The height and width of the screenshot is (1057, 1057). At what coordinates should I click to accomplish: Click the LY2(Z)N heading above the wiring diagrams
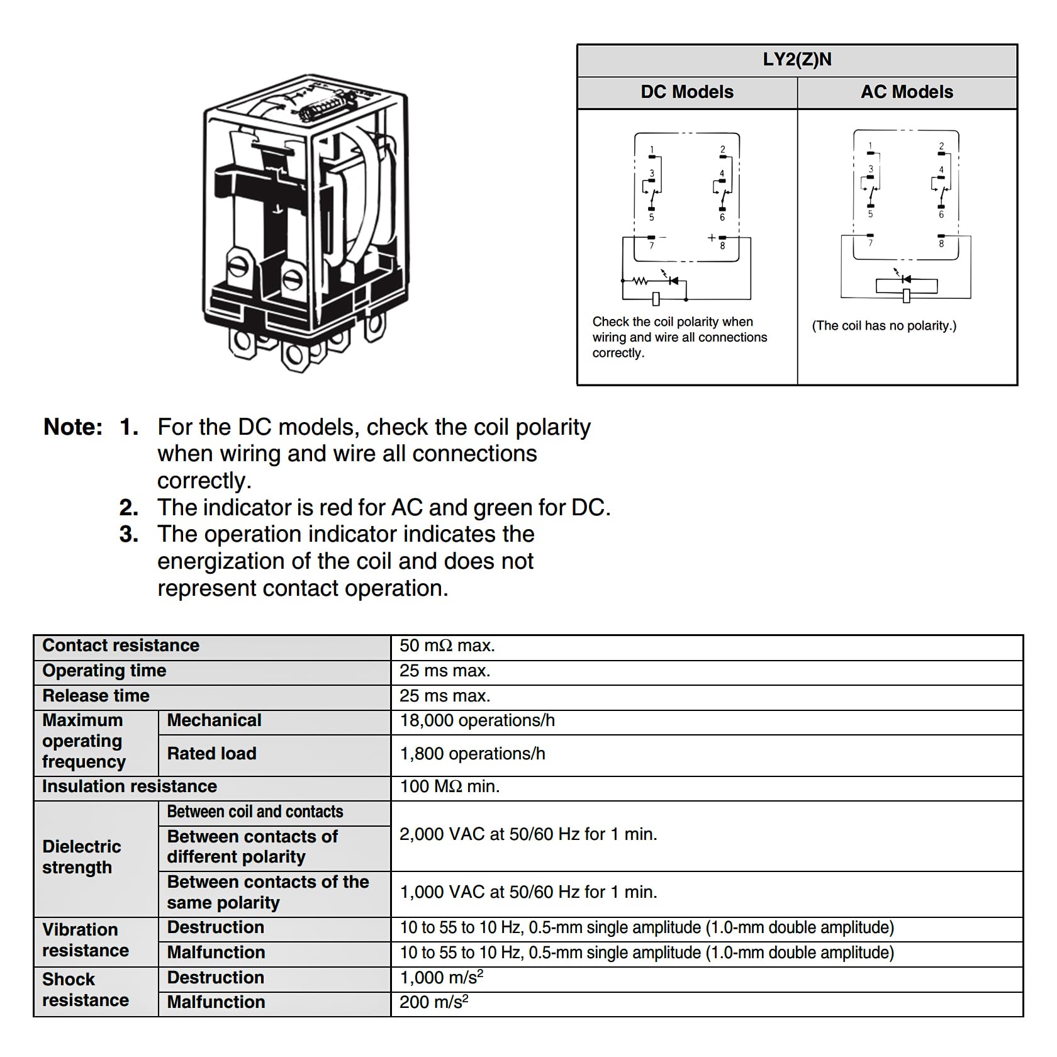pyautogui.click(x=797, y=60)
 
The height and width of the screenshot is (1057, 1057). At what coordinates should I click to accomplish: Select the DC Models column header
pyautogui.click(x=687, y=92)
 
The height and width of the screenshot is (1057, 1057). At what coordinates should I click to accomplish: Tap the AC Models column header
pyautogui.click(x=907, y=92)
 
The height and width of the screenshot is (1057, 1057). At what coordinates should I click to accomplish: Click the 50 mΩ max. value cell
pyautogui.click(x=447, y=646)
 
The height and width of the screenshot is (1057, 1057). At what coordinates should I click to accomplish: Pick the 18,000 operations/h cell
pyautogui.click(x=478, y=720)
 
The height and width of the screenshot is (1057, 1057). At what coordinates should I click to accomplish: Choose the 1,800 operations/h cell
pyautogui.click(x=473, y=754)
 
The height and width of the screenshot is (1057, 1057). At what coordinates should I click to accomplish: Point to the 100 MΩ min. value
pyautogui.click(x=450, y=786)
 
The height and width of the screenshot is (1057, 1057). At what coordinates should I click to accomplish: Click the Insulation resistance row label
pyautogui.click(x=130, y=786)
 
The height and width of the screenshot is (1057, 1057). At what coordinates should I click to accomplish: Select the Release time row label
pyautogui.click(x=96, y=696)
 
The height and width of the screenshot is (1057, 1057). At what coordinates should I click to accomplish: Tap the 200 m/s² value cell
pyautogui.click(x=434, y=1002)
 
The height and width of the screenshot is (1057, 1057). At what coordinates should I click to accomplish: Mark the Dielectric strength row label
pyautogui.click(x=81, y=857)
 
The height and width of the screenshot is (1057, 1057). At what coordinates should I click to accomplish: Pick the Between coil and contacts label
pyautogui.click(x=255, y=812)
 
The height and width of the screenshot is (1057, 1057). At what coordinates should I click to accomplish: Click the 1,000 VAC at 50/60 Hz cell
pyautogui.click(x=528, y=892)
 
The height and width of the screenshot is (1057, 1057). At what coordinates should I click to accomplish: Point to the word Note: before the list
pyautogui.click(x=73, y=427)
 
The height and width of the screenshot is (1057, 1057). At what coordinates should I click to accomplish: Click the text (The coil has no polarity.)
pyautogui.click(x=884, y=326)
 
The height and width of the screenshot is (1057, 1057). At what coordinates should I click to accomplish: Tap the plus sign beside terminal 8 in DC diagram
pyautogui.click(x=712, y=238)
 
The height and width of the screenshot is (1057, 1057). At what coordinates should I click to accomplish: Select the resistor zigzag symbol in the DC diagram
pyautogui.click(x=640, y=281)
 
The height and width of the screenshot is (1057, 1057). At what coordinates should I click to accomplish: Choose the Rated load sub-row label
pyautogui.click(x=211, y=754)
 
